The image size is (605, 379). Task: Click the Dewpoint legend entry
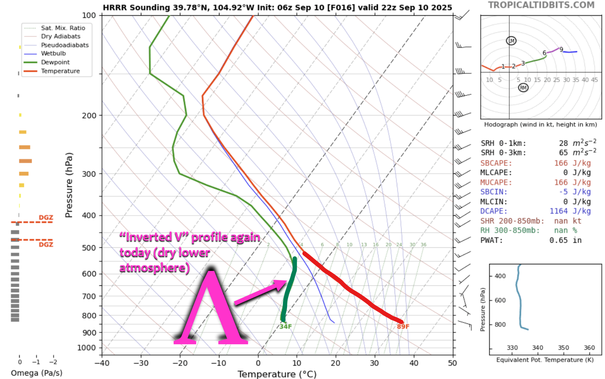(x=55, y=62)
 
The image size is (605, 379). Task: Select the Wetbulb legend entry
(x=53, y=54)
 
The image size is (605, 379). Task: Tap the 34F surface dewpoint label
(x=285, y=326)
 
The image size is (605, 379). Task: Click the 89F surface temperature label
(x=403, y=326)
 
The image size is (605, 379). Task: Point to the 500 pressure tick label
(x=89, y=248)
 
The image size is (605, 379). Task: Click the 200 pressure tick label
(x=89, y=115)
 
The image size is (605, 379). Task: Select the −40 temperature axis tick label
(x=102, y=363)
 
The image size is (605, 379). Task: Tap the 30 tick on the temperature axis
(x=375, y=363)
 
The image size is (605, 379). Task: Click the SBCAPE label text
(x=496, y=163)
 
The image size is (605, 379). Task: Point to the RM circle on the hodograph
(x=523, y=88)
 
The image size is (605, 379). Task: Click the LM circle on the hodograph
(x=511, y=41)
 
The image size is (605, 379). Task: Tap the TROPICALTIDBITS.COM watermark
(x=541, y=5)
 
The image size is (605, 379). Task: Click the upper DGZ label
(x=46, y=217)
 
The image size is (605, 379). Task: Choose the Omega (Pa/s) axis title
(x=36, y=373)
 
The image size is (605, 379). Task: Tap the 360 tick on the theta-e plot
(x=589, y=348)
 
